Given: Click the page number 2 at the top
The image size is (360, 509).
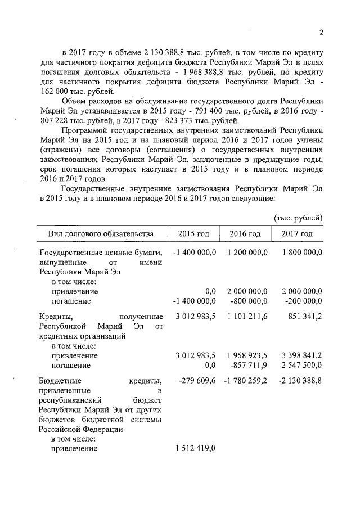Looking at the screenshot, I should pyautogui.click(x=321, y=31).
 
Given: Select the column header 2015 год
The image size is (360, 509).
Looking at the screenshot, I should pyautogui.click(x=193, y=234).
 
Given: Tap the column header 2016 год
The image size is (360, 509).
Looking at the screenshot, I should pyautogui.click(x=245, y=234).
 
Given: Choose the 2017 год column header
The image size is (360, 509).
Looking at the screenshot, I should pyautogui.click(x=297, y=234).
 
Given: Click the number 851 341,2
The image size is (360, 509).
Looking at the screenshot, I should pyautogui.click(x=304, y=317).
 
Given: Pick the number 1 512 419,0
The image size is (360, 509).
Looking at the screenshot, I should pyautogui.click(x=196, y=448).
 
